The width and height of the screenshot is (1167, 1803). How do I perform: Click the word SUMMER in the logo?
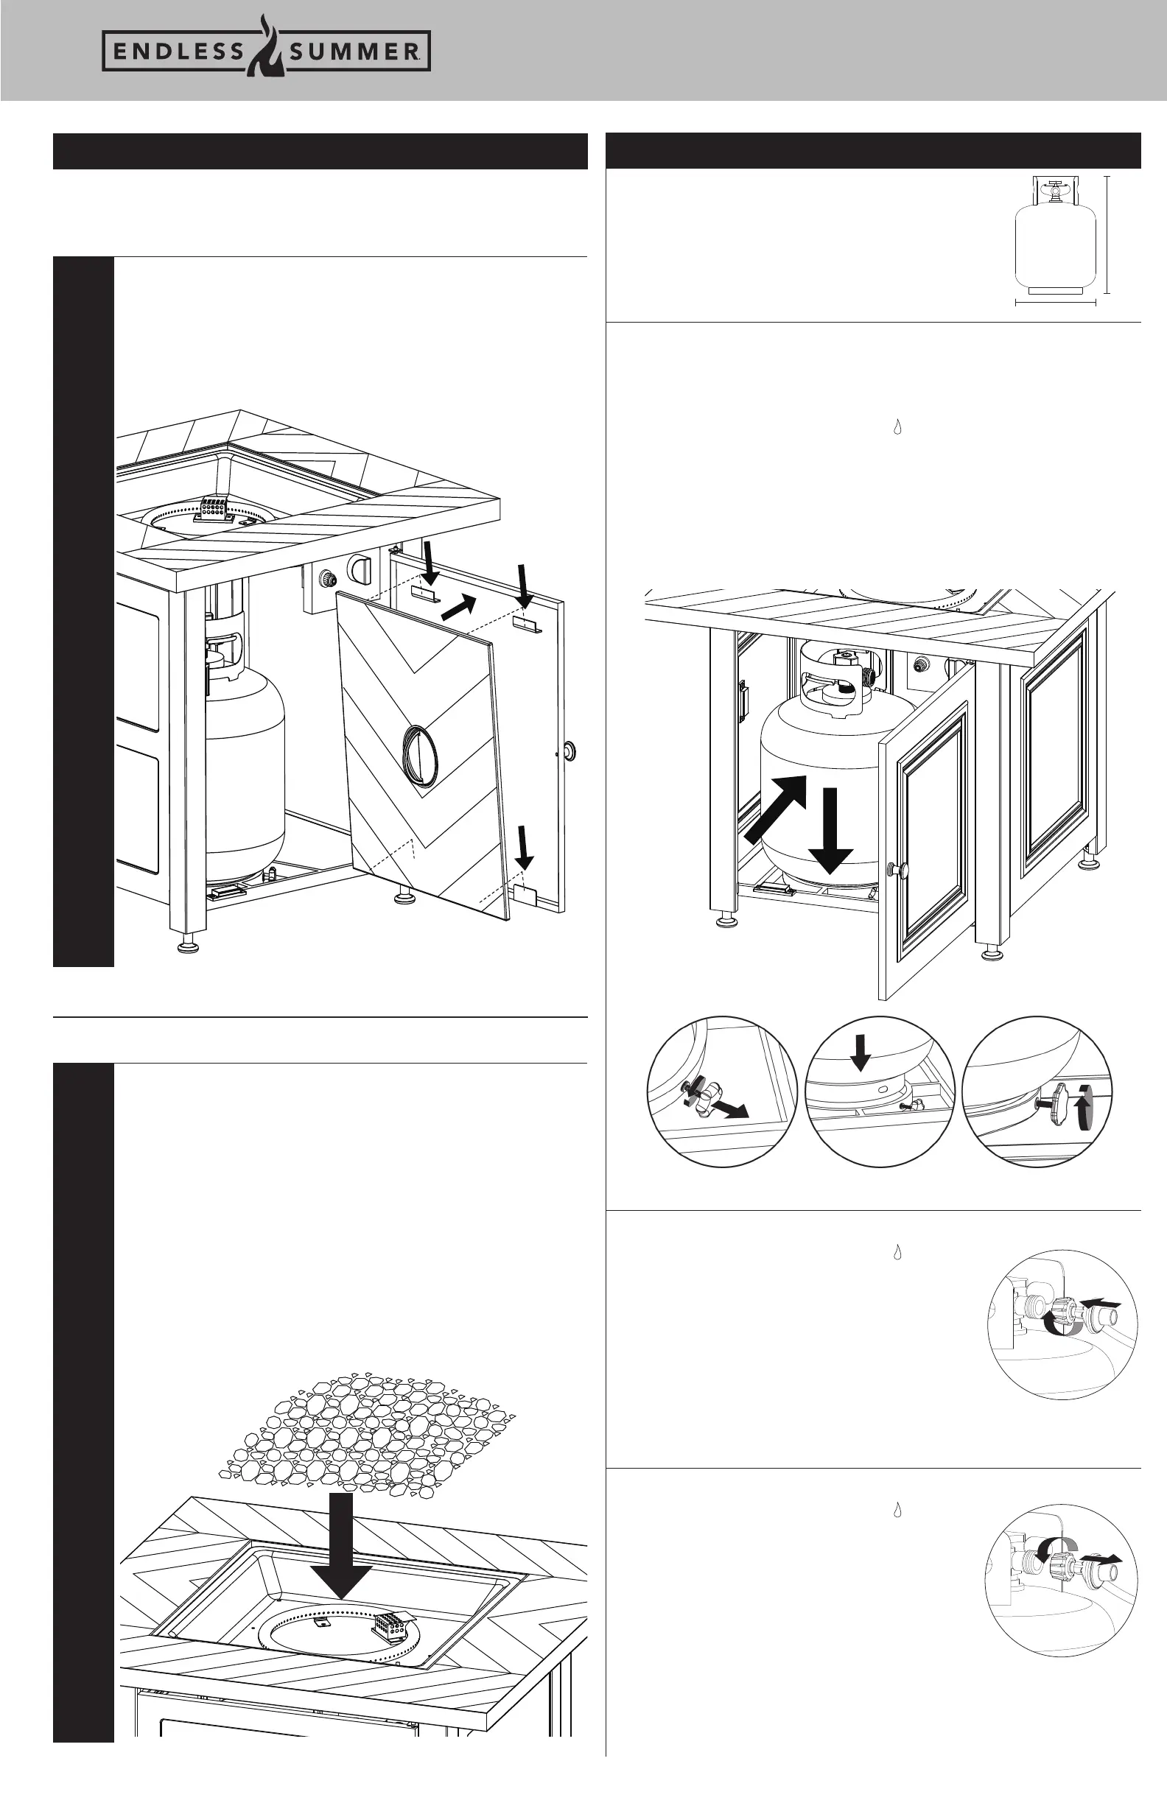tap(353, 52)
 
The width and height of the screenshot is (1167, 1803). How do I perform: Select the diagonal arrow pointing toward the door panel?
tap(459, 607)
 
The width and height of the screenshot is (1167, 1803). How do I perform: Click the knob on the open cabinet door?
tap(900, 870)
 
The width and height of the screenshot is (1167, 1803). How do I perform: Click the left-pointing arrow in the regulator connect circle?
tap(1100, 1301)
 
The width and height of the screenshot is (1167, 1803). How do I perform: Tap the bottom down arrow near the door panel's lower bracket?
tap(523, 848)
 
